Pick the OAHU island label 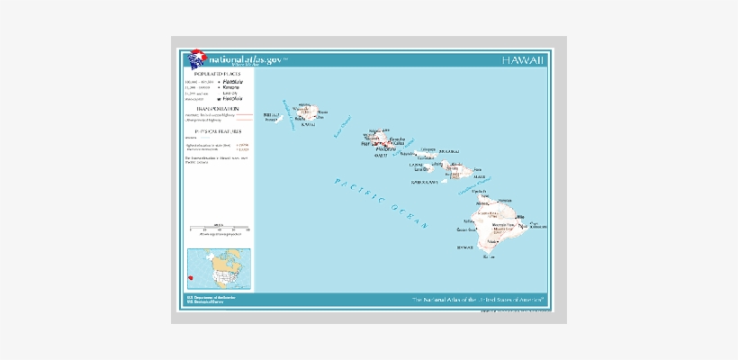point(380,156)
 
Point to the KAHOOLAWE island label point(424,182)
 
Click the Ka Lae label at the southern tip point(489,256)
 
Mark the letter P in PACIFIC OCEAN point(337,181)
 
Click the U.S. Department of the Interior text point(211,296)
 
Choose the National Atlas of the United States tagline point(479,298)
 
